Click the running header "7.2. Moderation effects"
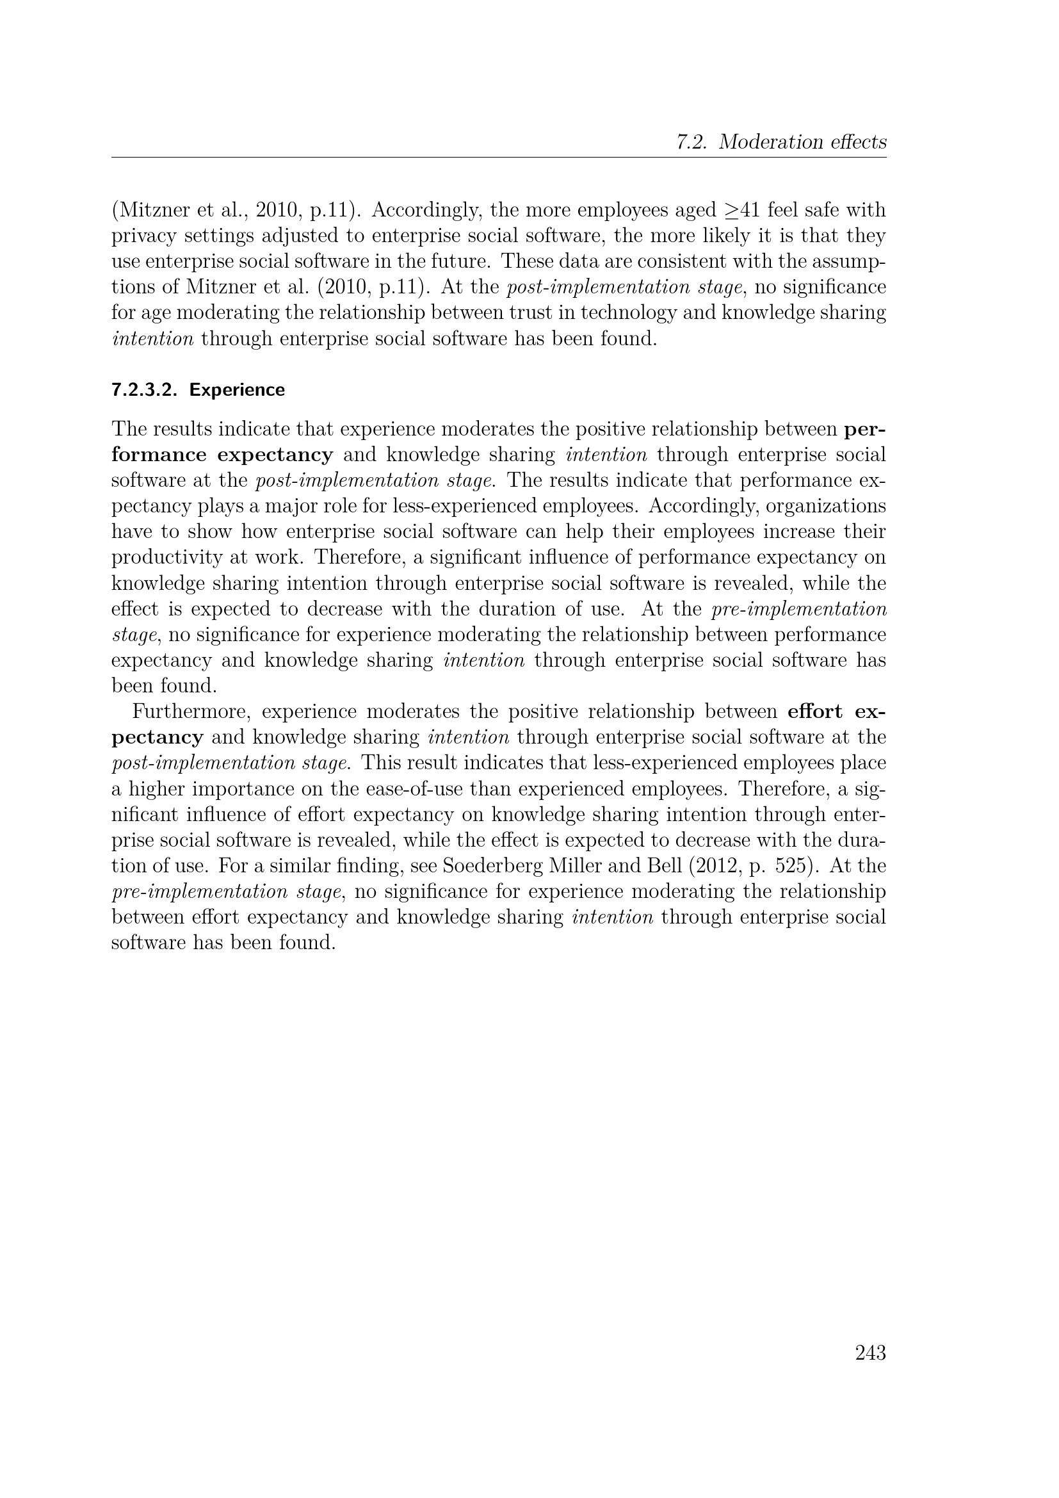780,142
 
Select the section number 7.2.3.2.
145,390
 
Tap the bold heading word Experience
237,390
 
